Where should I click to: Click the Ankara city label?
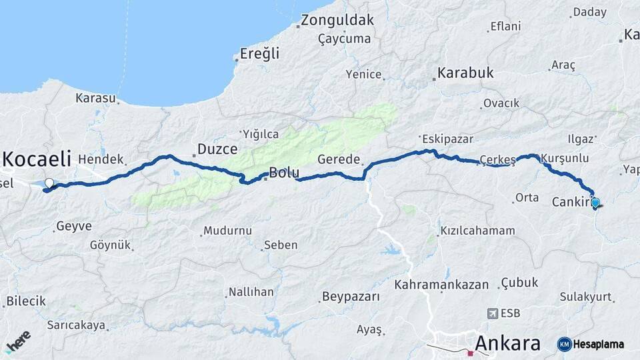507,343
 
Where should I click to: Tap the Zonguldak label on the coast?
337,20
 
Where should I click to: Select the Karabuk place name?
465,73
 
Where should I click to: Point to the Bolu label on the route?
284,173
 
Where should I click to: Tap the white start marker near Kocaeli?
49,183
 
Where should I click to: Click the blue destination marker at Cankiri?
595,203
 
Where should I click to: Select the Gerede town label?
339,160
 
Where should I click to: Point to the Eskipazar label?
447,139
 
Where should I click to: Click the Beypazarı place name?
351,296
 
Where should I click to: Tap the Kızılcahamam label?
477,231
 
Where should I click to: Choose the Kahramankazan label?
441,284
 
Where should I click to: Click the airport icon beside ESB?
492,313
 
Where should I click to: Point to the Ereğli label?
259,54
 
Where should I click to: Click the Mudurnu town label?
227,231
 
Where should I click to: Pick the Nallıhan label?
251,292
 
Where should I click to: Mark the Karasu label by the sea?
95,98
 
